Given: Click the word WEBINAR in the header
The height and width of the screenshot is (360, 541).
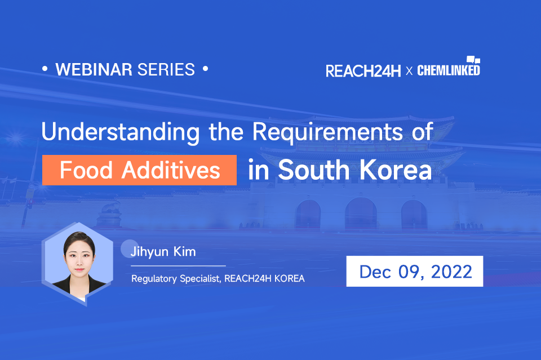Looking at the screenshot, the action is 94,70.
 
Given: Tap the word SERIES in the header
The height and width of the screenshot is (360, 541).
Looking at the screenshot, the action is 166,70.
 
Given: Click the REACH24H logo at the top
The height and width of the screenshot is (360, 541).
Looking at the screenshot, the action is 363,71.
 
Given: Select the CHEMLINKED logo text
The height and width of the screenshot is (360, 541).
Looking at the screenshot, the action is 449,70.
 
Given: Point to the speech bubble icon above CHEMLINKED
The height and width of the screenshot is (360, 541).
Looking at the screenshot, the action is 473,60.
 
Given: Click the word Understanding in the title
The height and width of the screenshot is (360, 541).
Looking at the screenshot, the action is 121,132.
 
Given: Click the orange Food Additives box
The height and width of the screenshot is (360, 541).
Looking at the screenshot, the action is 139,170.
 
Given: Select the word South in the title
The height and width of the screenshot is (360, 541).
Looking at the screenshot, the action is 314,170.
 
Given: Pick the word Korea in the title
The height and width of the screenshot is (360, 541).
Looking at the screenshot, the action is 396,170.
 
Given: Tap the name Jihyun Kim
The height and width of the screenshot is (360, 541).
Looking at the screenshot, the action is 163,252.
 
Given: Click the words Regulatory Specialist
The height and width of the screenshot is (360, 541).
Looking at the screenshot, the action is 176,279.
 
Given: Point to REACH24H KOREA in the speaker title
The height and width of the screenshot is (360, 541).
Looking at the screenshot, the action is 265,278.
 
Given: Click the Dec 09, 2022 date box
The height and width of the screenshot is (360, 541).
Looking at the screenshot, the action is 415,271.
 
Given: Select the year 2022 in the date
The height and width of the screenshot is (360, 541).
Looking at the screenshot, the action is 451,272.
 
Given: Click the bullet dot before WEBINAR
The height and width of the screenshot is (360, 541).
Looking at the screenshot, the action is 45,68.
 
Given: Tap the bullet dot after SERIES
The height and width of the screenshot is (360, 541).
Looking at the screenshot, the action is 205,68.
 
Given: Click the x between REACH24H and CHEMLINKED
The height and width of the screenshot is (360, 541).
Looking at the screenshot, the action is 409,72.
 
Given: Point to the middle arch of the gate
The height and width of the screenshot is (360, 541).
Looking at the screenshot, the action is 361,214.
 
